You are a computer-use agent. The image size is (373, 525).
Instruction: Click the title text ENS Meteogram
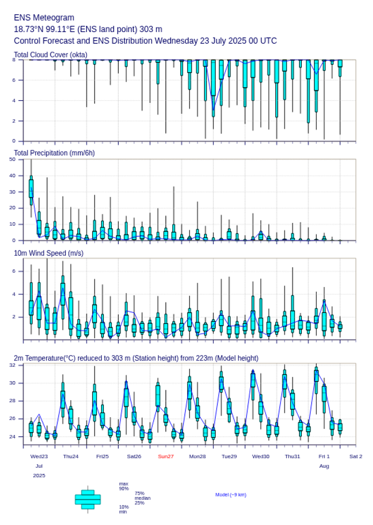[x=44, y=18]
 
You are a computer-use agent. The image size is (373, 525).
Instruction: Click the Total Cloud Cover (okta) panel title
[x=50, y=54]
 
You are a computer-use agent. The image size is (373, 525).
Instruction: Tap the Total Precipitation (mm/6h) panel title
[x=55, y=153]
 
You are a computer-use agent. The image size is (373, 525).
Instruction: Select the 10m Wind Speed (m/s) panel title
[x=48, y=253]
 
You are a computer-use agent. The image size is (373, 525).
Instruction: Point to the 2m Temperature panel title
[x=136, y=358]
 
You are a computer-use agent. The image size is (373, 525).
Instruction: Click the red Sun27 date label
[x=166, y=456]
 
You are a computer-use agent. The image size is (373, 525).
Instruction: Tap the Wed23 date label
[x=39, y=456]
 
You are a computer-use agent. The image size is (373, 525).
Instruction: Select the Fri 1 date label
[x=324, y=456]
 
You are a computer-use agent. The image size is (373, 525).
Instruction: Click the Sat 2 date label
[x=356, y=456]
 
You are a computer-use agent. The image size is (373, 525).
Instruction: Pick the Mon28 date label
[x=197, y=456]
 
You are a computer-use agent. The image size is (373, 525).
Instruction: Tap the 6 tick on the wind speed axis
[x=14, y=271]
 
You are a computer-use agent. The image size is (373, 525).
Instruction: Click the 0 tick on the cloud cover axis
[x=14, y=141]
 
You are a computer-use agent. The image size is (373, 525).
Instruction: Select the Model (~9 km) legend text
[x=231, y=495]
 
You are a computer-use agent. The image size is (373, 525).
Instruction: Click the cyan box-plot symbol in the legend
[x=87, y=499]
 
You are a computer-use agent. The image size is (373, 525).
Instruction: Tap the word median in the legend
[x=143, y=498]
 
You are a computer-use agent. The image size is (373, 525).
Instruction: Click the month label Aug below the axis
[x=324, y=467]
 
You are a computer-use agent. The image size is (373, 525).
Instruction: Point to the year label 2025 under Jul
[x=39, y=476]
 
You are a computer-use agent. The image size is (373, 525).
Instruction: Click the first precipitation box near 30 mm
[x=31, y=188]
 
